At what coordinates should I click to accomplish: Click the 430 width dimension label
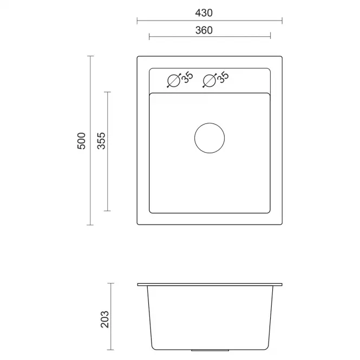point(204,13)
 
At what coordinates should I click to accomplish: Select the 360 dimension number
point(204,30)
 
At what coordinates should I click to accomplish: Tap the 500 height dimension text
point(81,141)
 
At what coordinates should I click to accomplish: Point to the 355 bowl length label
point(101,141)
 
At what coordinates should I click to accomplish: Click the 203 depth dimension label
point(104,319)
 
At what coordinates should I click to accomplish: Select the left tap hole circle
point(174,81)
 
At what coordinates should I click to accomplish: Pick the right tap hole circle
point(210,81)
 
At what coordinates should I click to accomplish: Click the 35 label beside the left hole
point(187,77)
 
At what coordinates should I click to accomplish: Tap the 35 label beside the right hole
point(223,77)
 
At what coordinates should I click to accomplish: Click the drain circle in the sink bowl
point(210,138)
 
